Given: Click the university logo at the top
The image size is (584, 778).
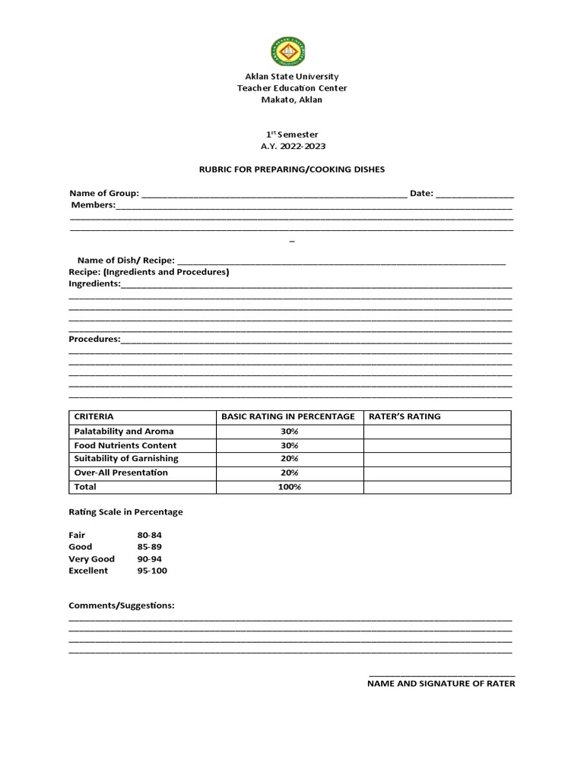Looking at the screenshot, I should point(292,52).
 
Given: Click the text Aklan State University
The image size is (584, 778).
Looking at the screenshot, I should point(292,77).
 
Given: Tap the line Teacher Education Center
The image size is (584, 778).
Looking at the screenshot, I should point(292,88).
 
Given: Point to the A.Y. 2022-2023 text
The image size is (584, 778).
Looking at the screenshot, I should point(292,146).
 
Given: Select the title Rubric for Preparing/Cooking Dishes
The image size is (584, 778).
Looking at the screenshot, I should point(292,169).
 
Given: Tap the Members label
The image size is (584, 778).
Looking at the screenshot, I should point(94,205).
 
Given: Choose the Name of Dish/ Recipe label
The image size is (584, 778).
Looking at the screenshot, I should point(126,261).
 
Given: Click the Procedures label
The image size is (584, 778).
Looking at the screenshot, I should point(94,339).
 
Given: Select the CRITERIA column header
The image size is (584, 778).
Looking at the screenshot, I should point(94,416).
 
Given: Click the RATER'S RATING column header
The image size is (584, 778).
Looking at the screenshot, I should point(405,416).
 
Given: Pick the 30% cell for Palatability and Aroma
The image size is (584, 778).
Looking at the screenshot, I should point(290,432).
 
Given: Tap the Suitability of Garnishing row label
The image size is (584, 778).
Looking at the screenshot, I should point(126,459).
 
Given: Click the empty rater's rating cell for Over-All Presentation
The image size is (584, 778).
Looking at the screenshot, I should point(436,473).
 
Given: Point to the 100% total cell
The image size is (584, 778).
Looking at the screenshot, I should point(290,487).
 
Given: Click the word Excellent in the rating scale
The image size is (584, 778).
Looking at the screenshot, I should point(88,571).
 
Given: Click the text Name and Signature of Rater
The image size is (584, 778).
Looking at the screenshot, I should point(441,684).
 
